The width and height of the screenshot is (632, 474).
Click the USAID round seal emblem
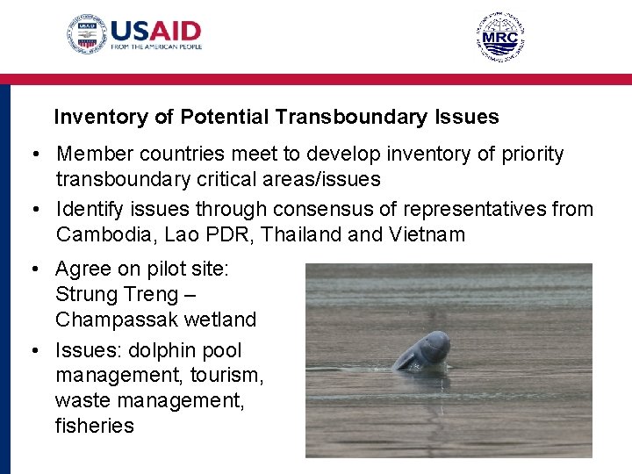[x=87, y=34]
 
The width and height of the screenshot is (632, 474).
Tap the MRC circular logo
[x=500, y=37]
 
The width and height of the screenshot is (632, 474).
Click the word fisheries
[x=95, y=427]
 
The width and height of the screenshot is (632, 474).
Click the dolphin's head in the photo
[x=433, y=348]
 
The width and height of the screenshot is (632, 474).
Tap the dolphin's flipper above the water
[x=406, y=358]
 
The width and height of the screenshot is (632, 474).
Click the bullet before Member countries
[x=30, y=155]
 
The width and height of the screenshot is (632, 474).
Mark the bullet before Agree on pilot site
[x=30, y=269]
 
